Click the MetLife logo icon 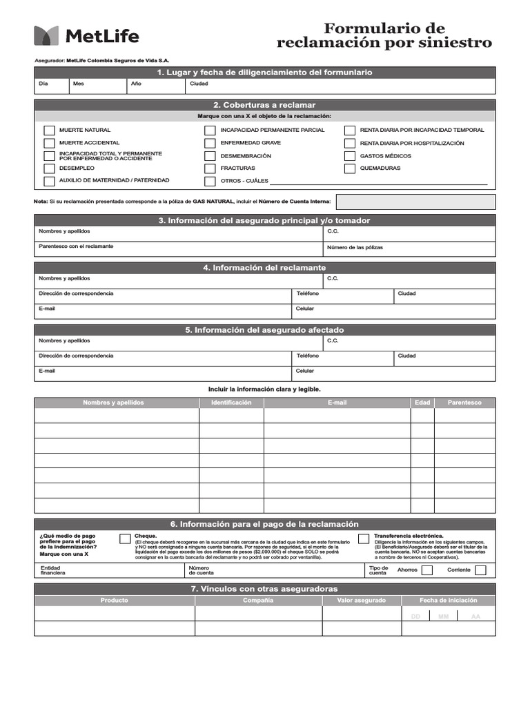point(46,36)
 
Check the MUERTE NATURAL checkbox point(49,130)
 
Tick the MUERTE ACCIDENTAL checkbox point(49,143)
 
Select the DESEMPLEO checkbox point(49,168)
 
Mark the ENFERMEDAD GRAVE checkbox point(210,143)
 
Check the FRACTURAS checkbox point(210,168)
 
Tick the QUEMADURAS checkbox point(350,168)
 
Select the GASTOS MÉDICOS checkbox point(350,156)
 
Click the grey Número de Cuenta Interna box point(415,202)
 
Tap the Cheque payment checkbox point(125,539)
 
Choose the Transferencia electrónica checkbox point(364,539)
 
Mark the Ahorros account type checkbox point(427,570)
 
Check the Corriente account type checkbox point(480,570)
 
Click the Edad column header point(422,403)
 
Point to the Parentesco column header point(464,403)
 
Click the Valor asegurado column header point(362,601)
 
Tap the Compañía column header point(258,601)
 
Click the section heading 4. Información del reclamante point(264,268)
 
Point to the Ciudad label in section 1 point(199,84)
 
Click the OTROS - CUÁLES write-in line point(378,183)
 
